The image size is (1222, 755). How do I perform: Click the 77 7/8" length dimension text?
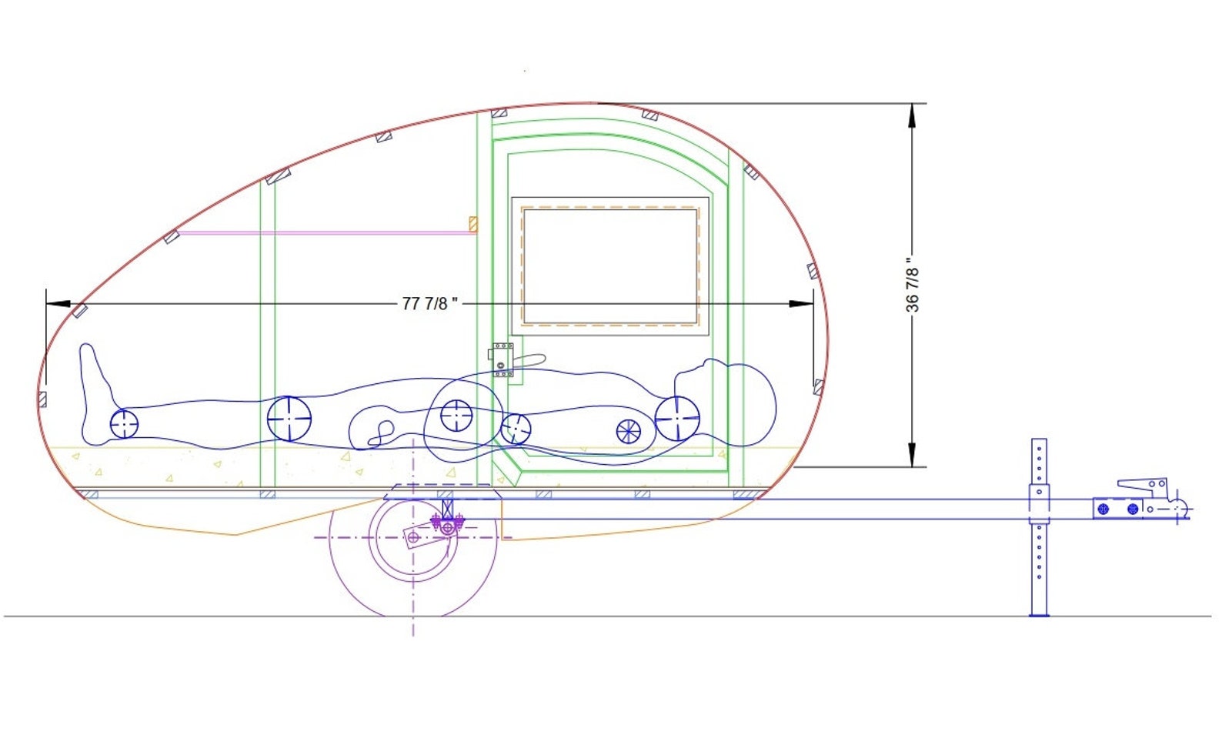[x=429, y=303]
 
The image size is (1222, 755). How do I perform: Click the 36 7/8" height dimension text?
[x=912, y=285]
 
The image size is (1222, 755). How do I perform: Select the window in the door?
[x=609, y=266]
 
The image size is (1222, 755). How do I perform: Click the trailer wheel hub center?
[x=413, y=537]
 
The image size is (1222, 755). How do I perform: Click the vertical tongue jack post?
[x=1039, y=527]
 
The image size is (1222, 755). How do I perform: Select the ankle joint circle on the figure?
[x=124, y=423]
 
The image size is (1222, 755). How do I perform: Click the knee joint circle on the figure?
[x=289, y=419]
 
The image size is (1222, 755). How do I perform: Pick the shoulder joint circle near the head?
[x=677, y=419]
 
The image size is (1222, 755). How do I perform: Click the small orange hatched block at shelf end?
[x=472, y=224]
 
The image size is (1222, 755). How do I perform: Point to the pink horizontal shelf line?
[x=323, y=232]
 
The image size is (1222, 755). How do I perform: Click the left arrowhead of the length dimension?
[x=57, y=304]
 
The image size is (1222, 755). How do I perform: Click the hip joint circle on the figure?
[x=456, y=416]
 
